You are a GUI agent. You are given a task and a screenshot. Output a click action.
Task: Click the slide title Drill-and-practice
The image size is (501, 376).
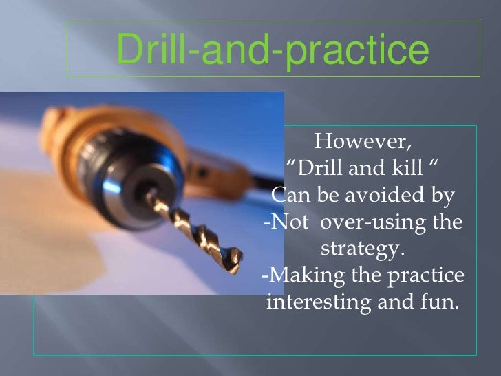(x=273, y=49)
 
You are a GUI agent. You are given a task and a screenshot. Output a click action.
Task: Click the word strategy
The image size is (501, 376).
(x=363, y=249)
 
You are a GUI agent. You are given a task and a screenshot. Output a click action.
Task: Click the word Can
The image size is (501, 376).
(x=289, y=196)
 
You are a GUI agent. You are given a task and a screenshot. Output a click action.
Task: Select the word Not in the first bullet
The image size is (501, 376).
(x=286, y=223)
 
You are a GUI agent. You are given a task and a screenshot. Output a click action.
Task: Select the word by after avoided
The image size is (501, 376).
(x=443, y=198)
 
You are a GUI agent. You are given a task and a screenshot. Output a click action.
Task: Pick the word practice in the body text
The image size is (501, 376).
(x=427, y=276)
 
